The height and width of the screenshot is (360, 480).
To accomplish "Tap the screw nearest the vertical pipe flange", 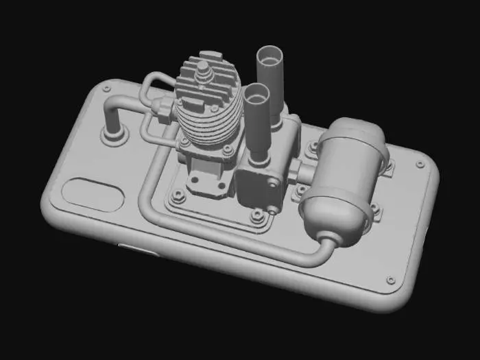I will pos(106,89).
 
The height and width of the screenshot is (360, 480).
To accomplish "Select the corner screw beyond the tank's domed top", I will pos(420,164).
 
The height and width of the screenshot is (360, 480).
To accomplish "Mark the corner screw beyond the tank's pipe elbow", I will pos(390,280).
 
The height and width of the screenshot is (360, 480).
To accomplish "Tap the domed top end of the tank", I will pos(360,130).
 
